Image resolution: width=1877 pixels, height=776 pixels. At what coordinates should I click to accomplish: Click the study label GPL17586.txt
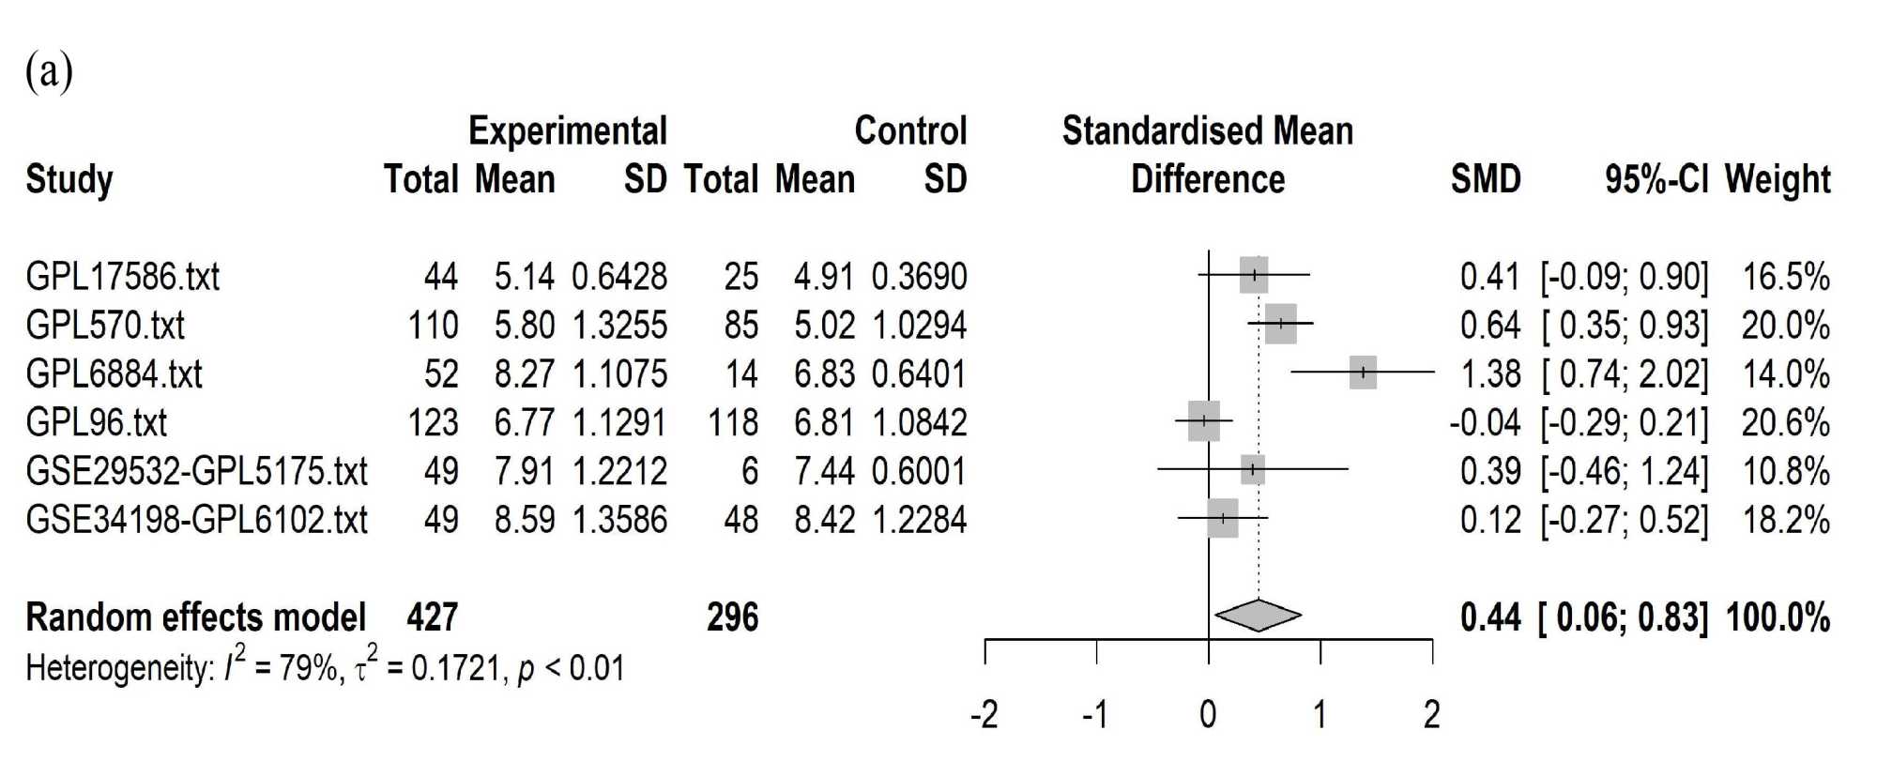[x=122, y=277]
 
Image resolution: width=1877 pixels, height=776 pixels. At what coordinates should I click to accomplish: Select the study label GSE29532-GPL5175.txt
[x=196, y=471]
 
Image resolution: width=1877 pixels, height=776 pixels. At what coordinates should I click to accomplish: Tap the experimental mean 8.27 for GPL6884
[x=524, y=374]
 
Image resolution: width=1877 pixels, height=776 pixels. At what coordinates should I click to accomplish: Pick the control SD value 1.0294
[x=919, y=326]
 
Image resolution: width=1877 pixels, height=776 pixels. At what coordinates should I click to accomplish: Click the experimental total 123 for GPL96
[x=433, y=423]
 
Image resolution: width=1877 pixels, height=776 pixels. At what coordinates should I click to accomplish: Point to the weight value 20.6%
[x=1785, y=423]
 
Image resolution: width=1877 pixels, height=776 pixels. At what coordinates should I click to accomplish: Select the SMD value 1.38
[x=1489, y=374]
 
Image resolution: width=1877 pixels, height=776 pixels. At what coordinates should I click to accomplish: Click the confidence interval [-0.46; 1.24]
[x=1624, y=471]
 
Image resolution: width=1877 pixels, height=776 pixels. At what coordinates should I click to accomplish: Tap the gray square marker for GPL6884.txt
[x=1363, y=373]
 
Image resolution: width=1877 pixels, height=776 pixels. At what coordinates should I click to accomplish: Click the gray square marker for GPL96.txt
[x=1204, y=421]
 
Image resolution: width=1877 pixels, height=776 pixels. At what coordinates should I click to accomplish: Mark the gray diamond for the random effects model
[x=1258, y=616]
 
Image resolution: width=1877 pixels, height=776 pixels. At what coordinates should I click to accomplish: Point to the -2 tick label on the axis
[x=984, y=716]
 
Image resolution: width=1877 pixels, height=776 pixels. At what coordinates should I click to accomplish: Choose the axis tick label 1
[x=1320, y=716]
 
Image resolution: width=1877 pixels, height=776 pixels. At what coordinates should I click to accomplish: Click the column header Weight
[x=1778, y=178]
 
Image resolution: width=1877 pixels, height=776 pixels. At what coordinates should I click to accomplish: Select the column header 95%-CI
[x=1656, y=178]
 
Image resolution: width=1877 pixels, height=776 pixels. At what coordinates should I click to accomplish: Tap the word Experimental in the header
[x=568, y=130]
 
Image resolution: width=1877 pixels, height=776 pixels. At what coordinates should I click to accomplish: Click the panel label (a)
[x=49, y=71]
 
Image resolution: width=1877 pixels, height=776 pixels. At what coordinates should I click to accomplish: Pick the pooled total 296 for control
[x=732, y=617]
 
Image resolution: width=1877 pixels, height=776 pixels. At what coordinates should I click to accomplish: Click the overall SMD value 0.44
[x=1489, y=617]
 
